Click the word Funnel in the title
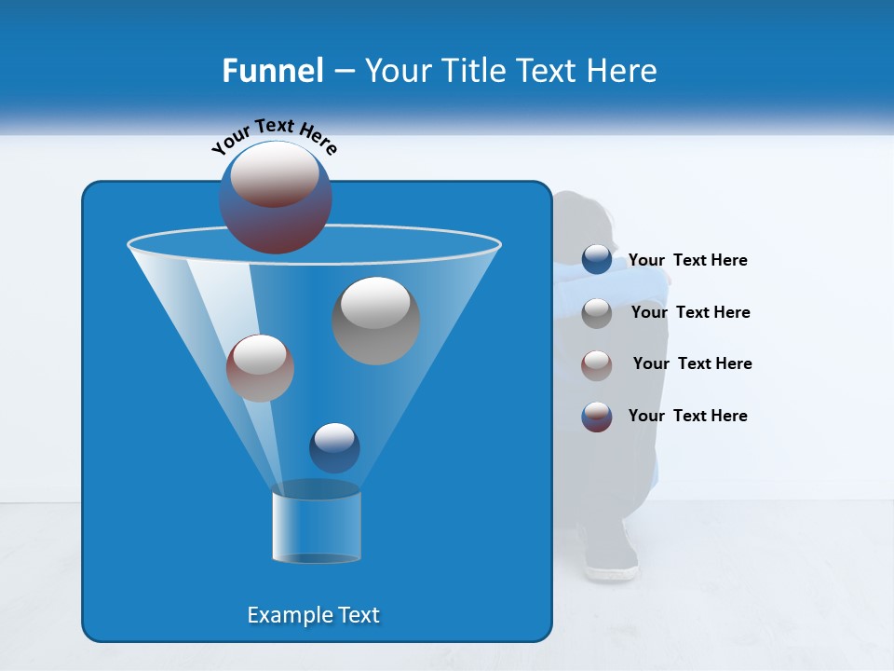tap(272, 70)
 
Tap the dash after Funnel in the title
tap(343, 71)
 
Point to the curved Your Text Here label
tap(274, 136)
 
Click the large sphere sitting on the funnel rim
tap(276, 197)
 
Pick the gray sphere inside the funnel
tap(375, 321)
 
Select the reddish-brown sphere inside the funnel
tap(260, 368)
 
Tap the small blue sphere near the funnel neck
tap(334, 447)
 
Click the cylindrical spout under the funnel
tap(317, 527)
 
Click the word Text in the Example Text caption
tap(358, 615)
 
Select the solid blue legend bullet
tap(597, 260)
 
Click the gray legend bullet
tap(597, 313)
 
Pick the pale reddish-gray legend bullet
tap(597, 365)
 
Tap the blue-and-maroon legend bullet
tap(597, 417)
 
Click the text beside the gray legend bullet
tap(690, 312)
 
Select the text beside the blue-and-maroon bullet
tap(687, 416)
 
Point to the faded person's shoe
tap(611, 565)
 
